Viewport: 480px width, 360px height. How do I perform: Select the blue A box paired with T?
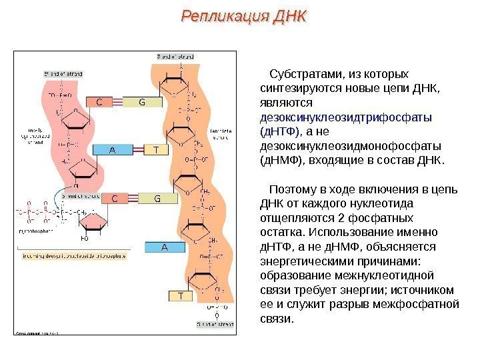(113, 150)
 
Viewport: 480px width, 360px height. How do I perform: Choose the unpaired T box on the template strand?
(180, 295)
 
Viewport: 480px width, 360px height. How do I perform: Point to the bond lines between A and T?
(137, 150)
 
